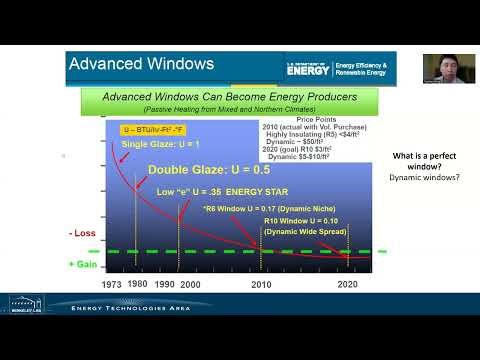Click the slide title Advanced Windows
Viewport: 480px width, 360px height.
141,64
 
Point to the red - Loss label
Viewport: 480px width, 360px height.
83,233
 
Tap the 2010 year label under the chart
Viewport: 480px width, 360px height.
261,284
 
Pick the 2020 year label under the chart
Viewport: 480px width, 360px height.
348,284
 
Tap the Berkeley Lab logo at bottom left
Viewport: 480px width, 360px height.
24,302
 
